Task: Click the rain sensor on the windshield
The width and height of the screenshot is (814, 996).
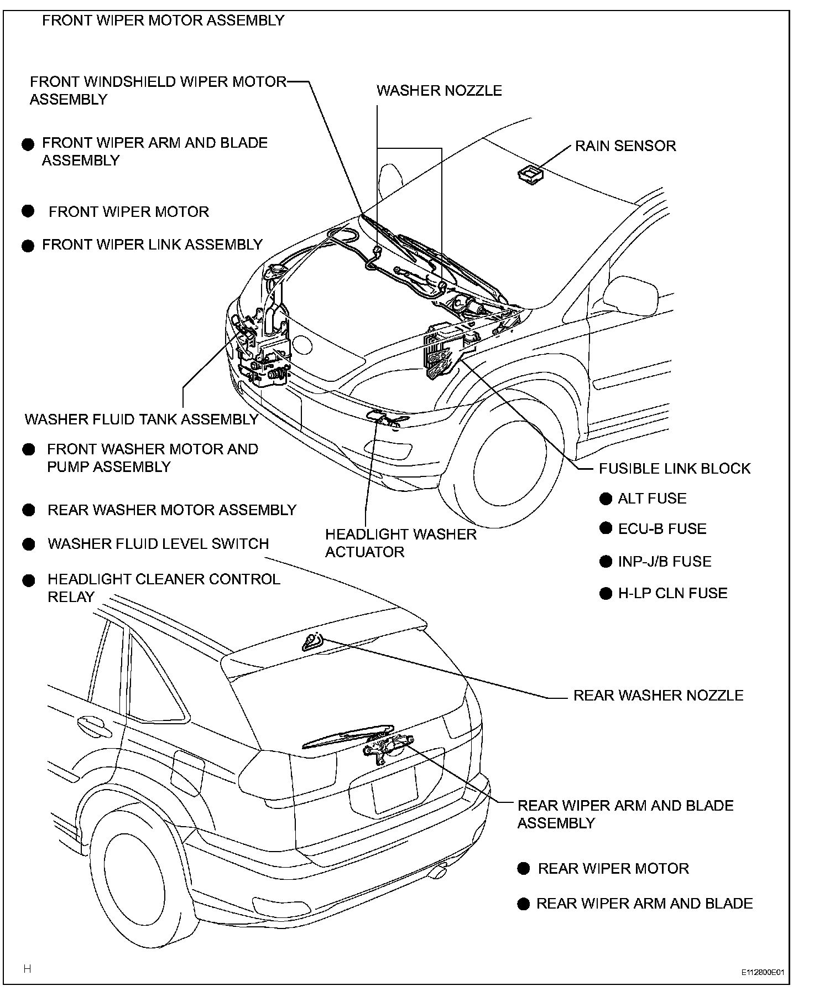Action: coord(530,174)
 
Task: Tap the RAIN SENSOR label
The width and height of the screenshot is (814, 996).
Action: coord(625,146)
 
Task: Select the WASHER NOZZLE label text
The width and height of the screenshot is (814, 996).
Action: coord(439,91)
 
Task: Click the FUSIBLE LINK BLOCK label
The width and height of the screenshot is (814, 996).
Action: coord(675,469)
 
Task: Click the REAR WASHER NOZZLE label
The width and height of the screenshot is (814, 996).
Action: coord(658,696)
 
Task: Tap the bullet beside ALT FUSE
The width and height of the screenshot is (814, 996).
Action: coord(606,499)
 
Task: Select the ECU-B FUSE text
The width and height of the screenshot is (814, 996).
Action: coord(662,529)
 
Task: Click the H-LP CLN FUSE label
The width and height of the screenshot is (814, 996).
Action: coord(672,594)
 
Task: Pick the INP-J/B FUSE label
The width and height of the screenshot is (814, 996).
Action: coord(664,562)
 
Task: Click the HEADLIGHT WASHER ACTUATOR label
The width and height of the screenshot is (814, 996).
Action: coord(400,543)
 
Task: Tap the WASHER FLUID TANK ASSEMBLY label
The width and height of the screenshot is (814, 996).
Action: coord(142,419)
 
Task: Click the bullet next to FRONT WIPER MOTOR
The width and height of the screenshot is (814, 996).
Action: coord(28,211)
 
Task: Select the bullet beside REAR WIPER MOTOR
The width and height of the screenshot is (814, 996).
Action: coord(523,868)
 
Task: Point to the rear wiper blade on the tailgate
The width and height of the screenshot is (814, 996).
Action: coord(348,736)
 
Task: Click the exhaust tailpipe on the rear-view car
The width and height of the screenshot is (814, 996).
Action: coord(439,872)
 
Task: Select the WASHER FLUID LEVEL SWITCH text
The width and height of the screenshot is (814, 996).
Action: coord(158,544)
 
